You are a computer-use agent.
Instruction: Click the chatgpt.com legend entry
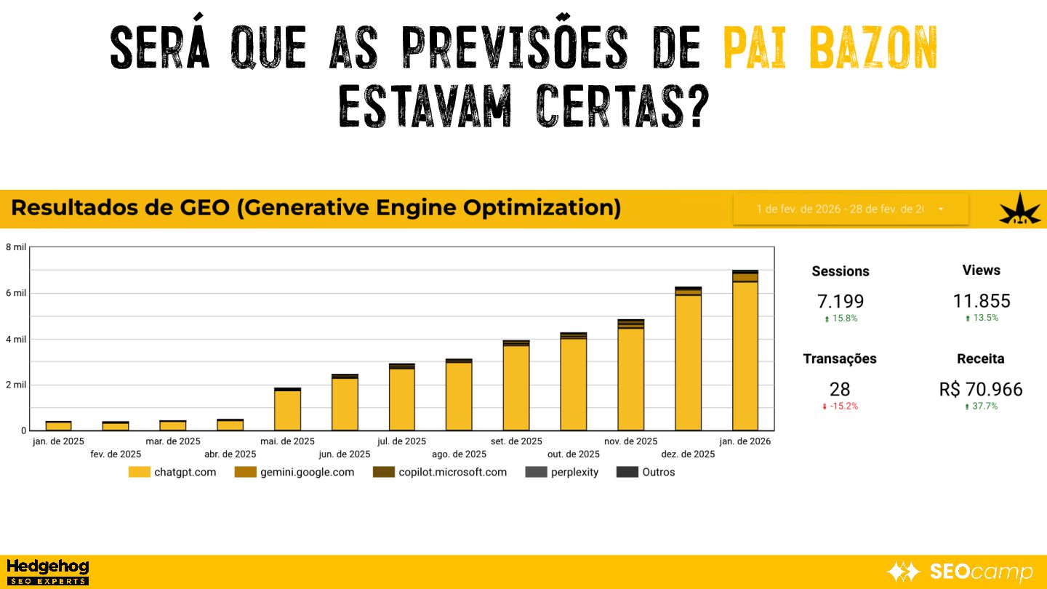click(x=172, y=472)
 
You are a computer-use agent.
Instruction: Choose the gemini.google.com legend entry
click(x=294, y=472)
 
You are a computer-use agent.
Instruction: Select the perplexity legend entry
click(x=562, y=472)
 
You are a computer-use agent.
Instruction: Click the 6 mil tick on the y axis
click(x=16, y=293)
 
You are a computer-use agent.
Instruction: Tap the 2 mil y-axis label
click(x=16, y=385)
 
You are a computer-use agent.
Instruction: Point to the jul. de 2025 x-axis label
click(x=402, y=441)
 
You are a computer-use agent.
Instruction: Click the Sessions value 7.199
click(x=841, y=301)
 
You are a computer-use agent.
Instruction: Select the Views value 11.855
click(x=982, y=301)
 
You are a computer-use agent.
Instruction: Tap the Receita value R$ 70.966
click(x=981, y=389)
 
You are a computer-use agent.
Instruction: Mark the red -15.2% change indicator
click(x=840, y=406)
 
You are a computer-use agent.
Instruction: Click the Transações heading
click(x=840, y=358)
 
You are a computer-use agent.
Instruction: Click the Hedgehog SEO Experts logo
click(x=47, y=572)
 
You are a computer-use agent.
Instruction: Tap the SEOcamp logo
click(x=960, y=572)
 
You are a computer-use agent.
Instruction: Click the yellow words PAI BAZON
click(x=830, y=48)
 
